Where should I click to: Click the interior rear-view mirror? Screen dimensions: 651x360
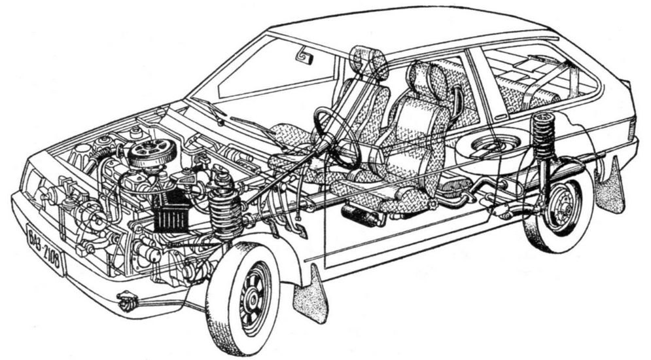click(305, 56)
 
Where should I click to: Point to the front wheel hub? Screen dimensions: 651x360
click(253, 297)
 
